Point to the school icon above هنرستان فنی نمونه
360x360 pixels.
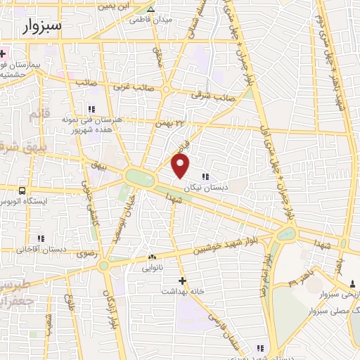[x=91, y=108]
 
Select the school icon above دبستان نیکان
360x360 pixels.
[x=205, y=176]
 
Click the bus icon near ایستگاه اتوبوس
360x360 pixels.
[x=22, y=191]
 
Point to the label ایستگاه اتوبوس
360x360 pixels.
[x=25, y=202]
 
